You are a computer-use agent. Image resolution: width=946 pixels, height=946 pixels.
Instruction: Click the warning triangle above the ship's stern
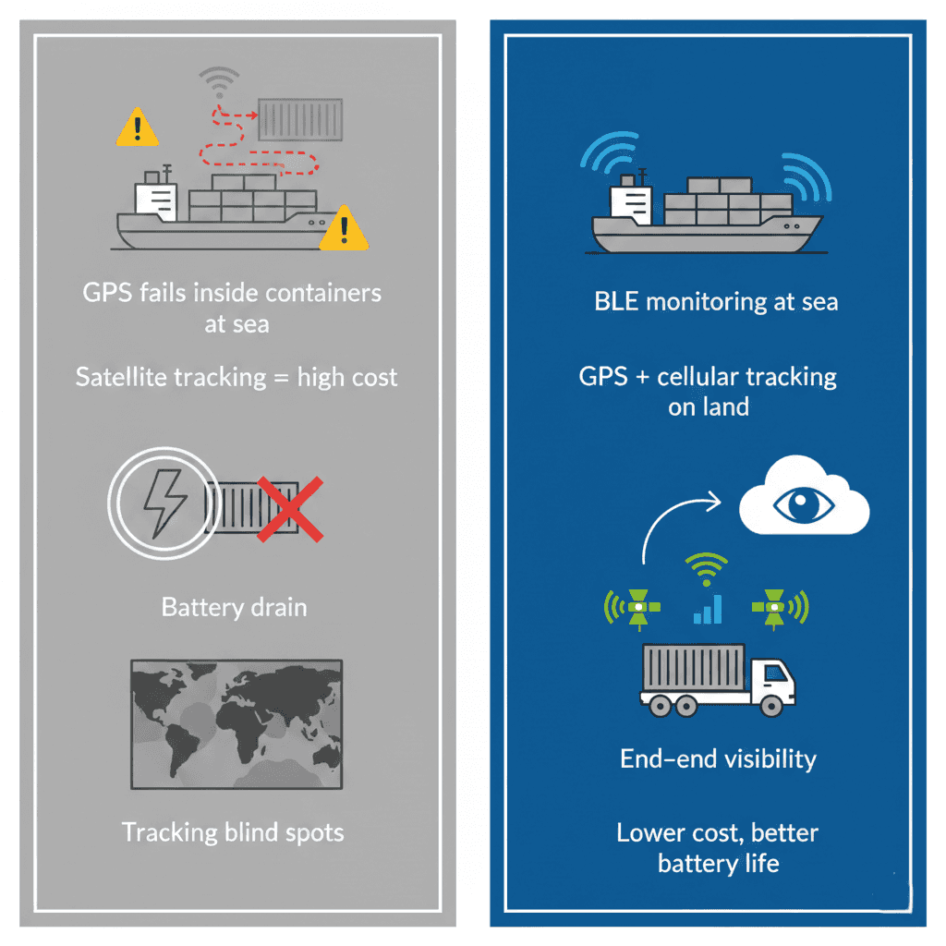(x=137, y=127)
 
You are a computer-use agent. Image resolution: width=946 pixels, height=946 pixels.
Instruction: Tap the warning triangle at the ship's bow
(x=344, y=229)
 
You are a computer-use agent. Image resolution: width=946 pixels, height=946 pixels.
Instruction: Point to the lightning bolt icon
(x=164, y=500)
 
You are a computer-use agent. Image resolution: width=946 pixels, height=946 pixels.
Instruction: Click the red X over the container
(x=289, y=509)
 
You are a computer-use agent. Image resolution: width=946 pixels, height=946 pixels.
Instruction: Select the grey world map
(x=236, y=723)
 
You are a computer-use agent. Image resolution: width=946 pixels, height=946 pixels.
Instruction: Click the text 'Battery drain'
(x=234, y=607)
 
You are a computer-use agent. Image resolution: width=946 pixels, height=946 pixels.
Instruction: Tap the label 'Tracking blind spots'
(x=233, y=831)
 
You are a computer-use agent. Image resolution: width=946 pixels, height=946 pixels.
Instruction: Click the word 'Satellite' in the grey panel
(x=121, y=377)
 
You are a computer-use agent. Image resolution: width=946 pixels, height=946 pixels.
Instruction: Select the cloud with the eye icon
(x=805, y=505)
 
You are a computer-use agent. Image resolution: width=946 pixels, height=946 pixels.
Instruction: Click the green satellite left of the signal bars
(x=637, y=607)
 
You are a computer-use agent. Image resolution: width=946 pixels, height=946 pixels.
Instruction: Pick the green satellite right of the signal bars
(x=775, y=607)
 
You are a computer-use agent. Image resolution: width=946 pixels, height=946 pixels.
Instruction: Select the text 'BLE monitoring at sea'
(x=716, y=302)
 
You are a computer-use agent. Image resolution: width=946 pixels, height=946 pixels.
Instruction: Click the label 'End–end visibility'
(x=718, y=759)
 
